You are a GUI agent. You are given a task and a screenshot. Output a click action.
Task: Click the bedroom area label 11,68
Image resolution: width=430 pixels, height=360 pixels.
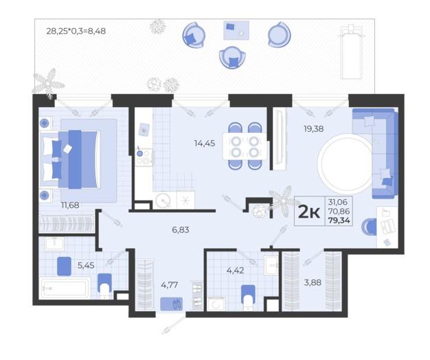point(70,205)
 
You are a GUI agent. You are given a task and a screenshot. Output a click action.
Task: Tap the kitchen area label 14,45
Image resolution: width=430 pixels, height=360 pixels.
point(205,143)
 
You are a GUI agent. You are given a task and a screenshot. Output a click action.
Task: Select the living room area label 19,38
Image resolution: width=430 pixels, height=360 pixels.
point(314,128)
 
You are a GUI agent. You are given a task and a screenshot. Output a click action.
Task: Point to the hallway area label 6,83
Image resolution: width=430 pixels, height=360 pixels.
point(181,229)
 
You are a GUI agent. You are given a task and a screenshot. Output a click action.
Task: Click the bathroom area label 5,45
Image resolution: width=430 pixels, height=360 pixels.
point(86,265)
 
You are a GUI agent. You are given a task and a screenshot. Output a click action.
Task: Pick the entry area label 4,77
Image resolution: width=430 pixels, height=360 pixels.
point(169,285)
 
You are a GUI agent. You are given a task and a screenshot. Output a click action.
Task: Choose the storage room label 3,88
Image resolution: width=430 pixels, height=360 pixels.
point(313,282)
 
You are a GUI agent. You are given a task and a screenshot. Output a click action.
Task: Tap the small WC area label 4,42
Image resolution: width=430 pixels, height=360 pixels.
point(235,271)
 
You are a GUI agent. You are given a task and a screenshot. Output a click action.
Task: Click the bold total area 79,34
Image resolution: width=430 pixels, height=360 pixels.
point(339,220)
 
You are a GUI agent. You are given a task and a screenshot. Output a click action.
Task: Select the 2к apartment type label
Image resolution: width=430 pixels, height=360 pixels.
point(309,212)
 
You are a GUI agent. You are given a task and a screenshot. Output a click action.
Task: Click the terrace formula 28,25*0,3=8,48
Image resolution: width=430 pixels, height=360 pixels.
point(76,31)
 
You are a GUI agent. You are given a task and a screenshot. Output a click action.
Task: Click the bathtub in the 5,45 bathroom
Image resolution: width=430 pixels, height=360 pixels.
point(65,288)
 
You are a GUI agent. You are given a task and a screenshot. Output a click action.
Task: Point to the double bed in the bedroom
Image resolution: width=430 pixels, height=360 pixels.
point(70,159)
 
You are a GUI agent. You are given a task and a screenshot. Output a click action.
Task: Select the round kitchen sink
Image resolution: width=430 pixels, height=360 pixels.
point(163,201)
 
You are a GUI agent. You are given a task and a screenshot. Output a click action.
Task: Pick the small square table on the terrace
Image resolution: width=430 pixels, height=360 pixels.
point(236,30)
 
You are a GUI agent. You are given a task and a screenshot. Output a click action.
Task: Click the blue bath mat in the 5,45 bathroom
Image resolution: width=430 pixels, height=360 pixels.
point(64,267)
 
